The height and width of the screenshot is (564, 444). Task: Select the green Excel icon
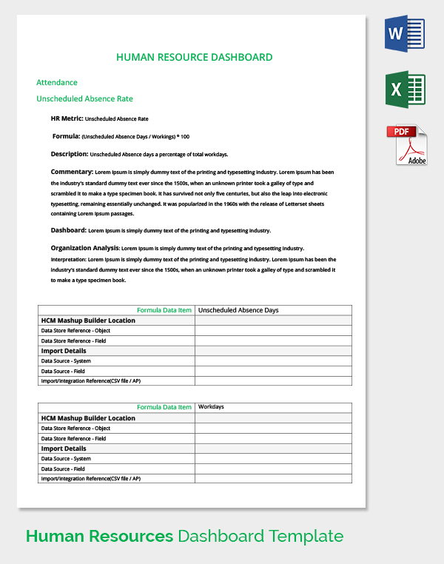tap(405, 90)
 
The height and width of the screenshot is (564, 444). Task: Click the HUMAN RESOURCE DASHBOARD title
tap(195, 57)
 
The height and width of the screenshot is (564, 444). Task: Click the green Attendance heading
tap(57, 82)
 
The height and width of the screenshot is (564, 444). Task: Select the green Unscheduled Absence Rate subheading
tap(84, 98)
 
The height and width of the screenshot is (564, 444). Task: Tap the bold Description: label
tap(70, 154)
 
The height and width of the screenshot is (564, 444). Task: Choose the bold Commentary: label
tap(72, 172)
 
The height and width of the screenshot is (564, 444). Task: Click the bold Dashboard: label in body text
tap(69, 230)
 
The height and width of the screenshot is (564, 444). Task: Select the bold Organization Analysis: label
tap(84, 248)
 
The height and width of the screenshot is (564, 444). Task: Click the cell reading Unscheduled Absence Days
tap(238, 310)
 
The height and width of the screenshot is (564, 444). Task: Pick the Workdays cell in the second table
tap(212, 407)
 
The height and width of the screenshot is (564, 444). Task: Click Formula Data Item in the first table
tap(164, 310)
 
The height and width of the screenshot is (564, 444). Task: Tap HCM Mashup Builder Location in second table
tap(88, 418)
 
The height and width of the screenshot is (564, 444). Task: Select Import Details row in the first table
tap(64, 351)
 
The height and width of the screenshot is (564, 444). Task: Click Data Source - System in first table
tap(67, 361)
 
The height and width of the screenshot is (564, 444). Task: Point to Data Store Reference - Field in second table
tap(73, 438)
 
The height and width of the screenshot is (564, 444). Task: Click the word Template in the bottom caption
tap(306, 536)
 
